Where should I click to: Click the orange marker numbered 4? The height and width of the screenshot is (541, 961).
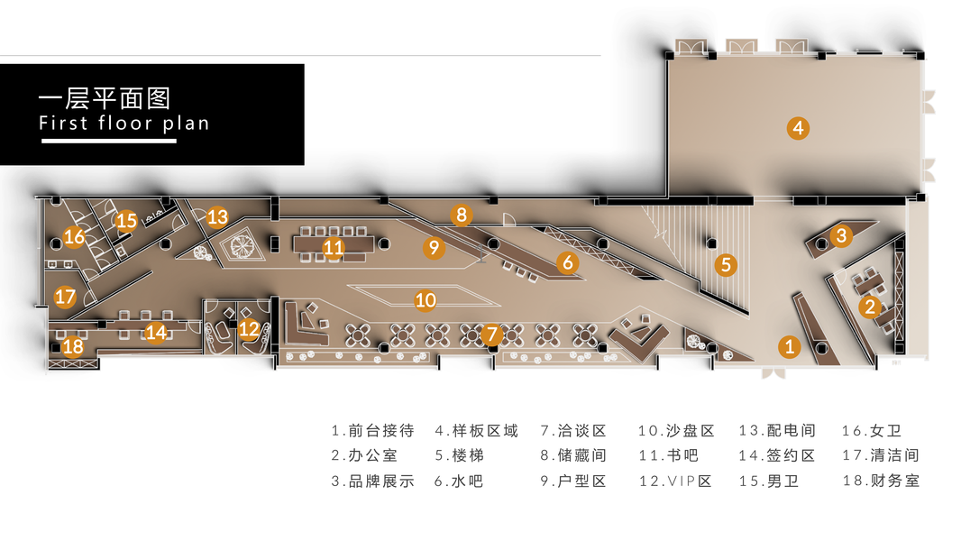click(797, 128)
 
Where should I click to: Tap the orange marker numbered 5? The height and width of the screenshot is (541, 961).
click(726, 264)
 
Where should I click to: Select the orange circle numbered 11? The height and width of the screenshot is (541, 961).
click(334, 246)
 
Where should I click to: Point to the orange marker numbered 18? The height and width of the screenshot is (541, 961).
click(73, 345)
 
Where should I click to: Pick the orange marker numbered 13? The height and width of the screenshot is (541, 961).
click(217, 216)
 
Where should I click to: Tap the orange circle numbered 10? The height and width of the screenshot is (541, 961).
click(426, 299)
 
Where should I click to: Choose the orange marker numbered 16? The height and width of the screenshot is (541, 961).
click(73, 237)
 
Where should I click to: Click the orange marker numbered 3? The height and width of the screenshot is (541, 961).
click(841, 236)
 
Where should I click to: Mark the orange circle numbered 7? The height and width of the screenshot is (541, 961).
click(490, 335)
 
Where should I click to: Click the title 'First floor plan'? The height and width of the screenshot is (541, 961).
click(124, 123)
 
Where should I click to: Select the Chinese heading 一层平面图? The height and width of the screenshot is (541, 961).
click(105, 96)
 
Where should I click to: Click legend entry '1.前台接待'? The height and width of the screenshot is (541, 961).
click(372, 431)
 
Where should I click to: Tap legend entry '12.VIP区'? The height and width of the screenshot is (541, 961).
click(675, 481)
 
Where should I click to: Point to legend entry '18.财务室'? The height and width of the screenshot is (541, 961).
click(881, 481)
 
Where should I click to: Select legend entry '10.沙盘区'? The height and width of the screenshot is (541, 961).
click(676, 431)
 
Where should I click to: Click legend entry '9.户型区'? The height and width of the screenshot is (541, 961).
click(573, 481)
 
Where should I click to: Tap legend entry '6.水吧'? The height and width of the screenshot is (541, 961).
click(459, 481)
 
